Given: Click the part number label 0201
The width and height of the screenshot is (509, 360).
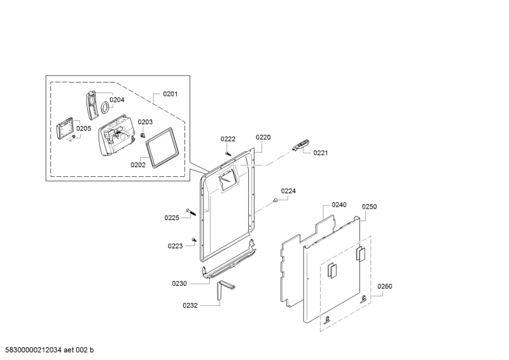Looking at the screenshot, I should tap(170, 94).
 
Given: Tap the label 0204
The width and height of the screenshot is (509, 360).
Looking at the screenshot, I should tap(116, 99).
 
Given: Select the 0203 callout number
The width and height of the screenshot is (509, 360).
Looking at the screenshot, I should tap(145, 122).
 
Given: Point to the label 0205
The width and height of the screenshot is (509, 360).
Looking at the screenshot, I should tap(84, 128).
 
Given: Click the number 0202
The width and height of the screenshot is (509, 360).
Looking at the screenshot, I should tap(138, 164).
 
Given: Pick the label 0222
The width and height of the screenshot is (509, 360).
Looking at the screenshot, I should tap(228, 139).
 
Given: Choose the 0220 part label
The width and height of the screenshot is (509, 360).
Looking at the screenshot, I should tap(263, 137).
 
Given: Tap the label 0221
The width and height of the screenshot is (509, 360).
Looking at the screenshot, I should tap(320, 153).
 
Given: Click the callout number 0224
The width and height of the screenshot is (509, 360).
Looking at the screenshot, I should tap(288, 191).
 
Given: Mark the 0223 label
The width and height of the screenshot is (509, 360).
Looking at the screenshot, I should tap(176, 246).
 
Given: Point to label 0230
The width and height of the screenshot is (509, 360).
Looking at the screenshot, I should tap(179, 282).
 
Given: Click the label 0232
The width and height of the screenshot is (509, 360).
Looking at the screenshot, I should tap(190, 305).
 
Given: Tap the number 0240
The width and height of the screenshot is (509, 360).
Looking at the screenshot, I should tap(338, 205).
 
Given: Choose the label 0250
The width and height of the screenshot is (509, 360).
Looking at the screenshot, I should tap(370, 207).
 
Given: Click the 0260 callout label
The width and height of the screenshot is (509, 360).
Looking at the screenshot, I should tap(384, 286).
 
